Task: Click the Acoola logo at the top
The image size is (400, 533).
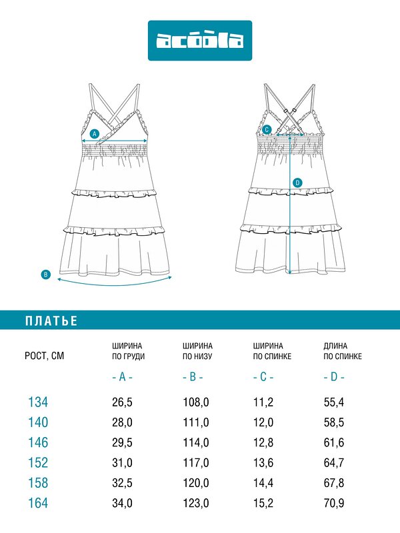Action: [200, 41]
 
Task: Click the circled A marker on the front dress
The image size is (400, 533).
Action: [94, 133]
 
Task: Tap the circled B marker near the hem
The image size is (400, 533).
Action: [46, 274]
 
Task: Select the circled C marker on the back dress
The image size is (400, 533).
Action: [267, 130]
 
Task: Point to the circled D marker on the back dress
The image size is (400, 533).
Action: [297, 183]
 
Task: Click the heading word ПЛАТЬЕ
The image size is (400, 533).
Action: [51, 321]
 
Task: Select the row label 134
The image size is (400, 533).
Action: [38, 402]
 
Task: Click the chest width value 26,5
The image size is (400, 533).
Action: [122, 402]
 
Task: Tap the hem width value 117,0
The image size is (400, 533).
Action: [196, 462]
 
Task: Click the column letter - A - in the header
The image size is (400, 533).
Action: [122, 377]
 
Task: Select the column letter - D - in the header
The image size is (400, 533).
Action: [334, 377]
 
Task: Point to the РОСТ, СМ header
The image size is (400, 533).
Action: [44, 356]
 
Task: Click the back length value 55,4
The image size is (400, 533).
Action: [334, 402]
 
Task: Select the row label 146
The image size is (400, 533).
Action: [38, 442]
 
